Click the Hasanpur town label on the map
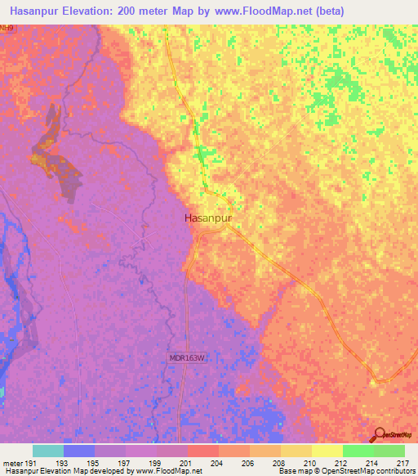click(210, 219)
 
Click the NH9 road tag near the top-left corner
click(7, 28)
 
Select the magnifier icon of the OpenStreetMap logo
click(379, 434)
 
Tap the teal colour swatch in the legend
click(48, 451)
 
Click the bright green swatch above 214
click(358, 451)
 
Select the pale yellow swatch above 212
click(327, 451)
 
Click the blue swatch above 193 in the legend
click(79, 451)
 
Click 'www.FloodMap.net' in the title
click(256, 11)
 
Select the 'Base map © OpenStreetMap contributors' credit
click(344, 471)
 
